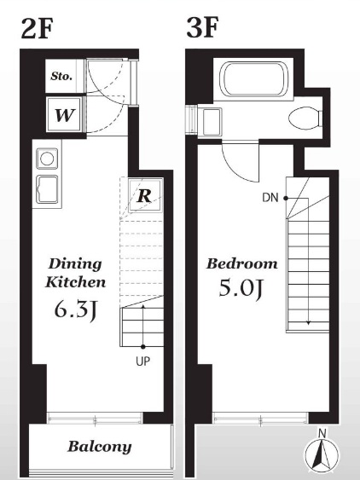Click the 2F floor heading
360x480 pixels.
coord(37,28)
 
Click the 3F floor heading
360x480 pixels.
coord(202,27)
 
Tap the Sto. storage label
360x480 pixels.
coord(61,76)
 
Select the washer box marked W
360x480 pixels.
coord(65,115)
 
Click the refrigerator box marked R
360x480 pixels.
coord(145,195)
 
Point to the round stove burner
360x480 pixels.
coord(47,159)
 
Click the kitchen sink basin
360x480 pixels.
coord(47,189)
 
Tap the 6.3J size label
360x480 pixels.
coord(75,309)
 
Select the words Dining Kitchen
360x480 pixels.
coord(75,273)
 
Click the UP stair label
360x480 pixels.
coord(142,361)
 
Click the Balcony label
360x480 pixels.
coord(99,447)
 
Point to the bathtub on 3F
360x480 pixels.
coord(254,79)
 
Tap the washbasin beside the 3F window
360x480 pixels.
coord(212,122)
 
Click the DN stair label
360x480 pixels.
coord(270,198)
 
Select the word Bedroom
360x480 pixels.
coord(241,263)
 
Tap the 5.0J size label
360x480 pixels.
coord(241,288)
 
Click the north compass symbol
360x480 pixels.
coord(322,454)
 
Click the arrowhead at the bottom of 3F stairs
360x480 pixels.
coord(308,322)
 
